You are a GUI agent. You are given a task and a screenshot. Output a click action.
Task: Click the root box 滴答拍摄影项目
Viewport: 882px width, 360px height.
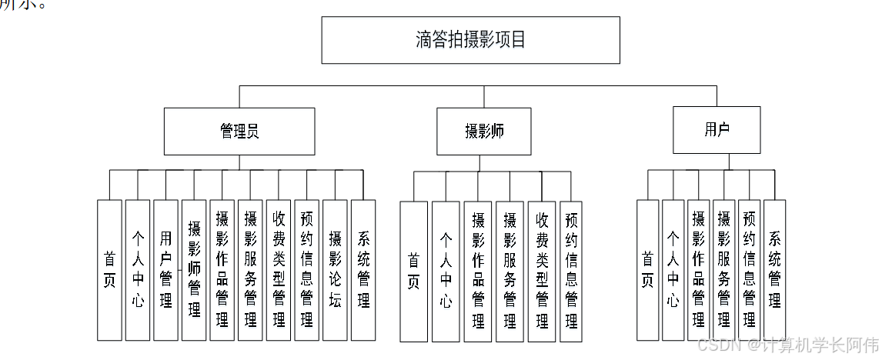[x=470, y=40]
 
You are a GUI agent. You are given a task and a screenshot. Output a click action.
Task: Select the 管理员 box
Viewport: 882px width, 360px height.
[x=239, y=132]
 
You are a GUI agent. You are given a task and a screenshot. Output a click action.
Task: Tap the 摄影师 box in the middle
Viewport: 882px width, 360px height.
[x=484, y=132]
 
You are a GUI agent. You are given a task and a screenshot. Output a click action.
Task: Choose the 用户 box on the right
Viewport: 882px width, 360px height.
[x=717, y=130]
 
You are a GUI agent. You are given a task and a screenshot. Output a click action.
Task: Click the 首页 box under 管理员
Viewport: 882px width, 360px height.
[x=109, y=269]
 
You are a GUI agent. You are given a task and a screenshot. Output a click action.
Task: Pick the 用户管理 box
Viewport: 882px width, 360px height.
[x=165, y=269]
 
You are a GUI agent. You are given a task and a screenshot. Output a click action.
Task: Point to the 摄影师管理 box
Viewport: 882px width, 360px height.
[x=194, y=269]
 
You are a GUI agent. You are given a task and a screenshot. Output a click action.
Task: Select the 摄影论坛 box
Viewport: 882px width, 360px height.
[x=335, y=269]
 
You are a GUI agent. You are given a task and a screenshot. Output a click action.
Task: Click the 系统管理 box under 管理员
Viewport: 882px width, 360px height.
[x=363, y=269]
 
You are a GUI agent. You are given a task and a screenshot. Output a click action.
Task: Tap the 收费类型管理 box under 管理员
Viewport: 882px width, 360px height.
[x=279, y=269]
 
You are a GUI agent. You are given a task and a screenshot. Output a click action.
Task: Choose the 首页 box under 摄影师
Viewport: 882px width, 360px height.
[x=413, y=271]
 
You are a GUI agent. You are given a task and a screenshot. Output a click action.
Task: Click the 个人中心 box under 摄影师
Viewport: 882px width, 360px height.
[x=446, y=271]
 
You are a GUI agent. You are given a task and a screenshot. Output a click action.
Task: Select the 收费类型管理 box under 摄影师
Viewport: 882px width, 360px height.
[x=542, y=271]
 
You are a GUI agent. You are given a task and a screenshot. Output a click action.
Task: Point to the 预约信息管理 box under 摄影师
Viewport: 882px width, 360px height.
[x=571, y=271]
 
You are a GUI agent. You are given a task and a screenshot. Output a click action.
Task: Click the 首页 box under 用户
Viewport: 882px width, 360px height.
[x=648, y=269]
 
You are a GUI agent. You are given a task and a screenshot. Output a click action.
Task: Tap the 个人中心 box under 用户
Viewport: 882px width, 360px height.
[x=673, y=269]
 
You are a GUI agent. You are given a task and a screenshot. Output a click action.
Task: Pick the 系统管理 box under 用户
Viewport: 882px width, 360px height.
[x=775, y=269]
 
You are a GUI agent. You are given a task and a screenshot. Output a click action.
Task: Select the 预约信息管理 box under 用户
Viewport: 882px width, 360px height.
[x=750, y=269]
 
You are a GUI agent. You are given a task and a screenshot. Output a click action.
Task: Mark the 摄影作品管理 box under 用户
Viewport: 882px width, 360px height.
[x=699, y=269]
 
